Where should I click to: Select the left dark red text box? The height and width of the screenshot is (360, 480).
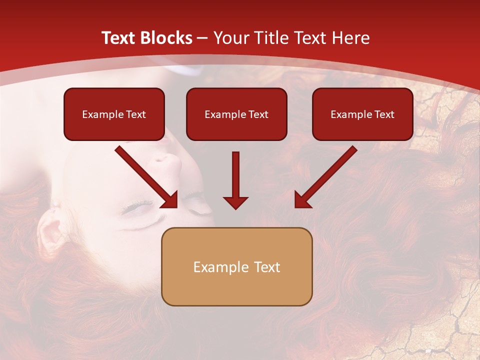click(x=114, y=114)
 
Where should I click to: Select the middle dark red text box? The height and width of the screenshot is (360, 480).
click(x=236, y=114)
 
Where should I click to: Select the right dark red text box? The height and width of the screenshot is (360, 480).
click(x=362, y=114)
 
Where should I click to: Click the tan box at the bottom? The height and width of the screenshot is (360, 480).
click(x=236, y=266)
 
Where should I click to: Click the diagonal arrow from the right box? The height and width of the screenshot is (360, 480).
click(x=325, y=177)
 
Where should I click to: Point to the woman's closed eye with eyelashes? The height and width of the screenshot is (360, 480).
click(x=137, y=207)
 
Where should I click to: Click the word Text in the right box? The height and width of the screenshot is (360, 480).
click(x=384, y=114)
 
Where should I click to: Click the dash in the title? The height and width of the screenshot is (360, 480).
click(x=203, y=38)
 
